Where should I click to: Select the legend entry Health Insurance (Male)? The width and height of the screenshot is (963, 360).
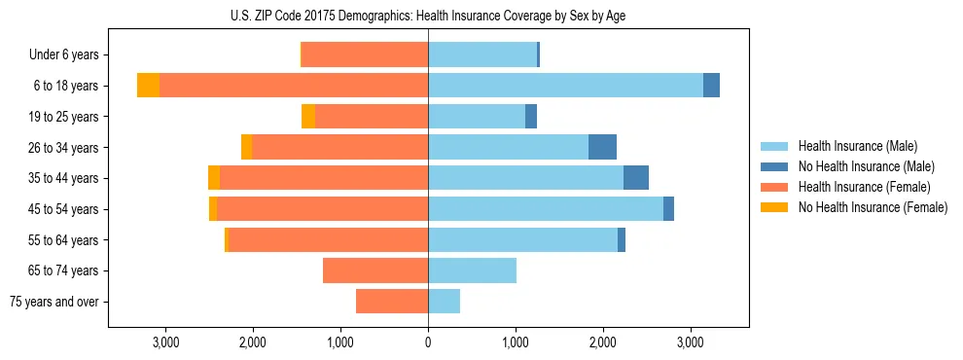pyautogui.click(x=856, y=146)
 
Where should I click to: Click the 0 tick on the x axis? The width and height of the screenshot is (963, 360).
pyautogui.click(x=428, y=342)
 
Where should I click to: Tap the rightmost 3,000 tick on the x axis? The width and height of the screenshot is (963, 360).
pyautogui.click(x=691, y=342)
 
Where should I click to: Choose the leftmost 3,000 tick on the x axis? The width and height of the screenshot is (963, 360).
pyautogui.click(x=165, y=342)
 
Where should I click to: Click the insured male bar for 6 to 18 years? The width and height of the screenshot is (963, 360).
pyautogui.click(x=565, y=86)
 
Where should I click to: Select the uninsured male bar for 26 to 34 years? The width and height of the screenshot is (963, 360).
pyautogui.click(x=602, y=147)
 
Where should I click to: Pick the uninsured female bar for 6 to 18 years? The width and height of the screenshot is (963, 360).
pyautogui.click(x=148, y=86)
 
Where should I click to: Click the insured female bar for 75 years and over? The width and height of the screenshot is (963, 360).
pyautogui.click(x=392, y=302)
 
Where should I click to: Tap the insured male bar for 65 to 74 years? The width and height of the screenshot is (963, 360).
pyautogui.click(x=472, y=270)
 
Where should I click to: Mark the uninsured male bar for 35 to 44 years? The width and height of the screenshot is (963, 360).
pyautogui.click(x=636, y=178)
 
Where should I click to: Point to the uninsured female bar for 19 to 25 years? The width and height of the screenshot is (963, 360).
pyautogui.click(x=308, y=117)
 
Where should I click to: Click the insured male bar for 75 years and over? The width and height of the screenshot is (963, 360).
pyautogui.click(x=444, y=302)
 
